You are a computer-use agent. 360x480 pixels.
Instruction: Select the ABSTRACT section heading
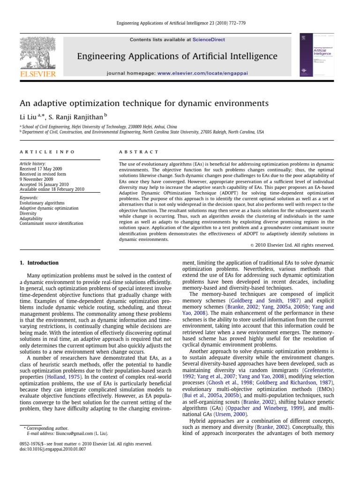click(139, 152)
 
